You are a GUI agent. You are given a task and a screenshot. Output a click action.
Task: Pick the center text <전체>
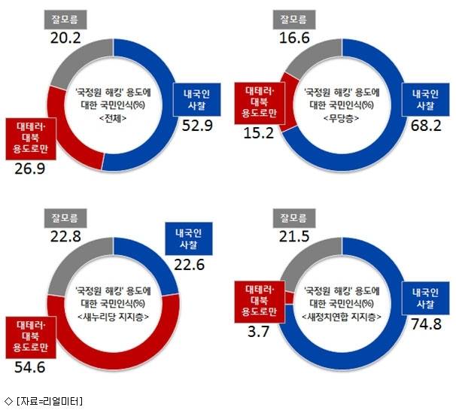(114, 118)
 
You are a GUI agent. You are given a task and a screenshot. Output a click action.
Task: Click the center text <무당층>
(340, 118)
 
